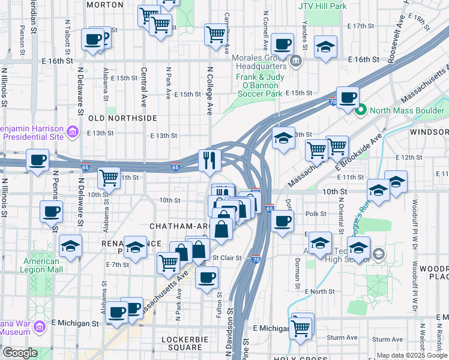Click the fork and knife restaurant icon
coord(209,160)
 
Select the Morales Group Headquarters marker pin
coord(295,61)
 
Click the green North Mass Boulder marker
coord(361,110)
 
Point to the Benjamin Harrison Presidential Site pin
coord(72,131)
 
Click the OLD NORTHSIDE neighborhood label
coord(122,118)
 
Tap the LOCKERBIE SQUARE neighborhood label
coord(182,343)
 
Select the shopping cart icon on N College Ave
coord(215,34)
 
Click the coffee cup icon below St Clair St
coord(207,277)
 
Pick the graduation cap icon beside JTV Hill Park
coord(325,46)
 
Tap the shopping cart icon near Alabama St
coord(109,177)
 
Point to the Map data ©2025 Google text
coord(412,355)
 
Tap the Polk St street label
coord(315,214)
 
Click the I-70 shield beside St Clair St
coord(256,259)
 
